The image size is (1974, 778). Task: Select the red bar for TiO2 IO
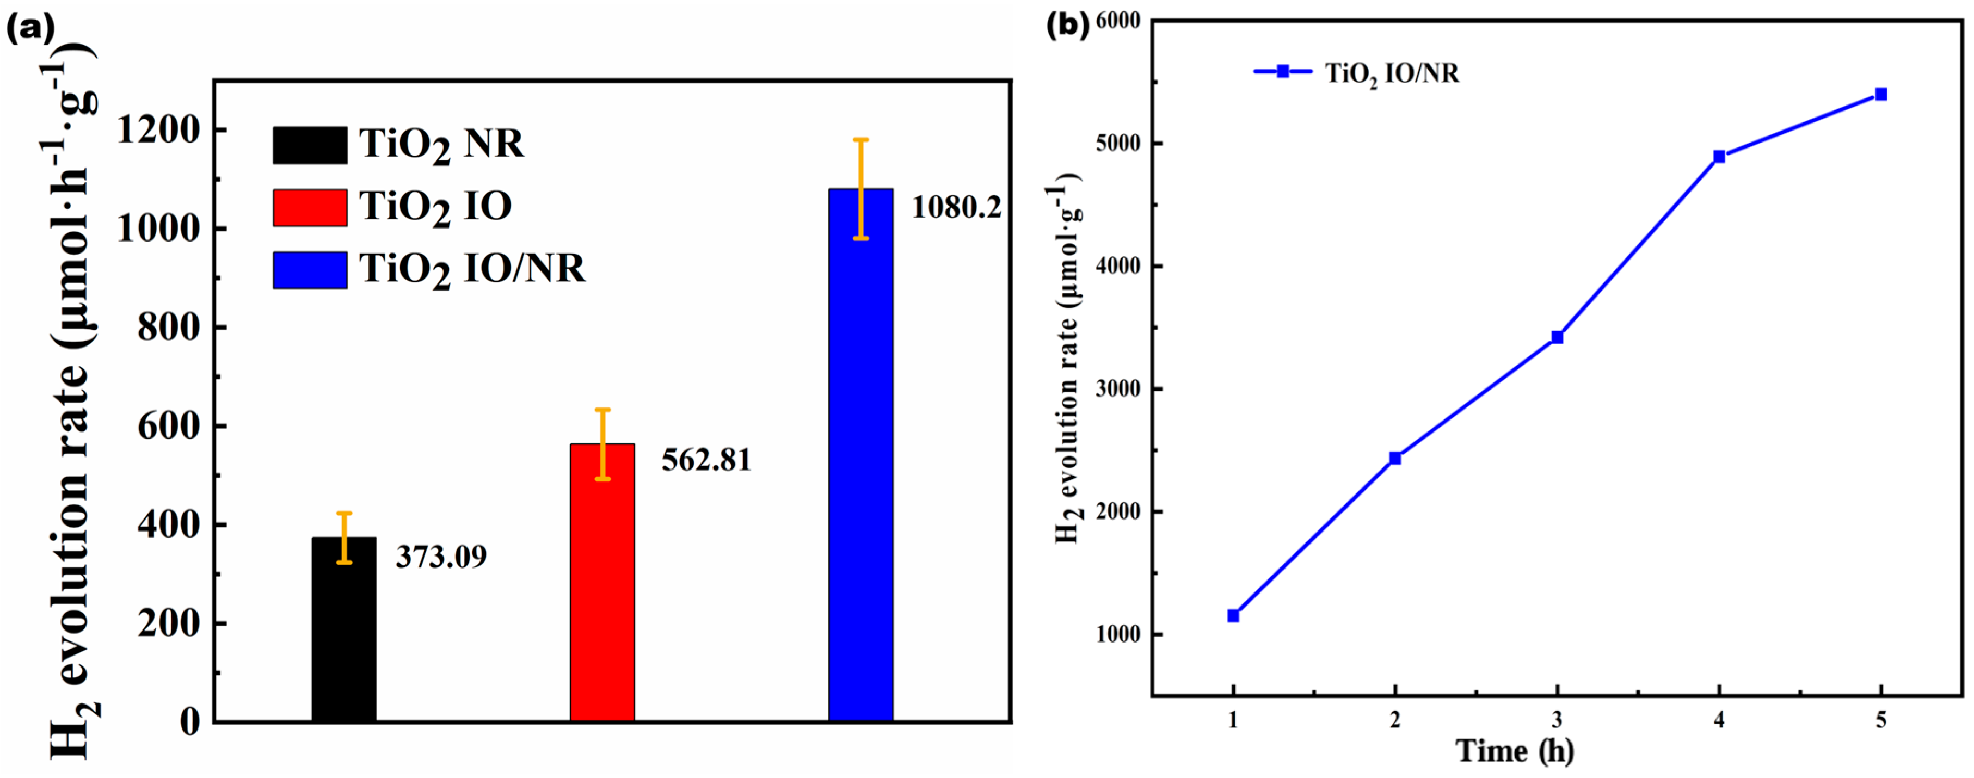[x=602, y=582]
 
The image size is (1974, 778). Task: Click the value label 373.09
[x=441, y=557]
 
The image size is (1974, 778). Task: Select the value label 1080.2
[x=956, y=207]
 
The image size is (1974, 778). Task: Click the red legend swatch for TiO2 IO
[x=310, y=207]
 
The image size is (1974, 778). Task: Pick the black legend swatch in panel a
[x=310, y=145]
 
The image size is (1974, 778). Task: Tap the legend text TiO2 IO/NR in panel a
[x=472, y=269]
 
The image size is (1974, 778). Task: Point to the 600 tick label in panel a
[x=168, y=427]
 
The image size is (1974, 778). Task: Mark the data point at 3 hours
[x=1557, y=337]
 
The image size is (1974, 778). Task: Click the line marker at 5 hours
[x=1880, y=94]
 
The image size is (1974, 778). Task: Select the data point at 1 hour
[x=1233, y=616]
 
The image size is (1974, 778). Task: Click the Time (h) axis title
[x=1515, y=751]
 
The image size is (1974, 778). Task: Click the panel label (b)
[x=1067, y=25]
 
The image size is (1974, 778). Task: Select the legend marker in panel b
[x=1283, y=72]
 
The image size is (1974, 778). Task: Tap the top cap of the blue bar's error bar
[x=860, y=139]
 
